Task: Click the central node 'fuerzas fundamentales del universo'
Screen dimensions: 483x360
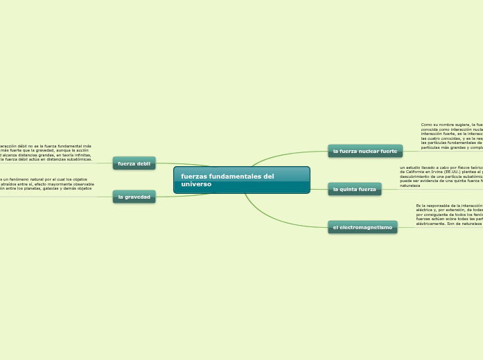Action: [x=241, y=180]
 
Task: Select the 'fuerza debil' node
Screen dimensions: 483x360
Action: [x=134, y=163]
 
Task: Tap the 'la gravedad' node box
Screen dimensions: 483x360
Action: [x=134, y=197]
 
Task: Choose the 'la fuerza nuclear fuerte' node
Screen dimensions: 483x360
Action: [x=365, y=151]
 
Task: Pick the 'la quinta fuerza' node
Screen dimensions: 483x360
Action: [x=354, y=189]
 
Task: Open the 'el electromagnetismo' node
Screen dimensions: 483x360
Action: [x=362, y=227]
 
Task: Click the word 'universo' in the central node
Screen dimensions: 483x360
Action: [x=196, y=185]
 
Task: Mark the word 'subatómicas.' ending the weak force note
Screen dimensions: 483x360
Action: [x=79, y=159]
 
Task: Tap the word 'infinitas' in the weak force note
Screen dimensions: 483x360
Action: [x=80, y=155]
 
